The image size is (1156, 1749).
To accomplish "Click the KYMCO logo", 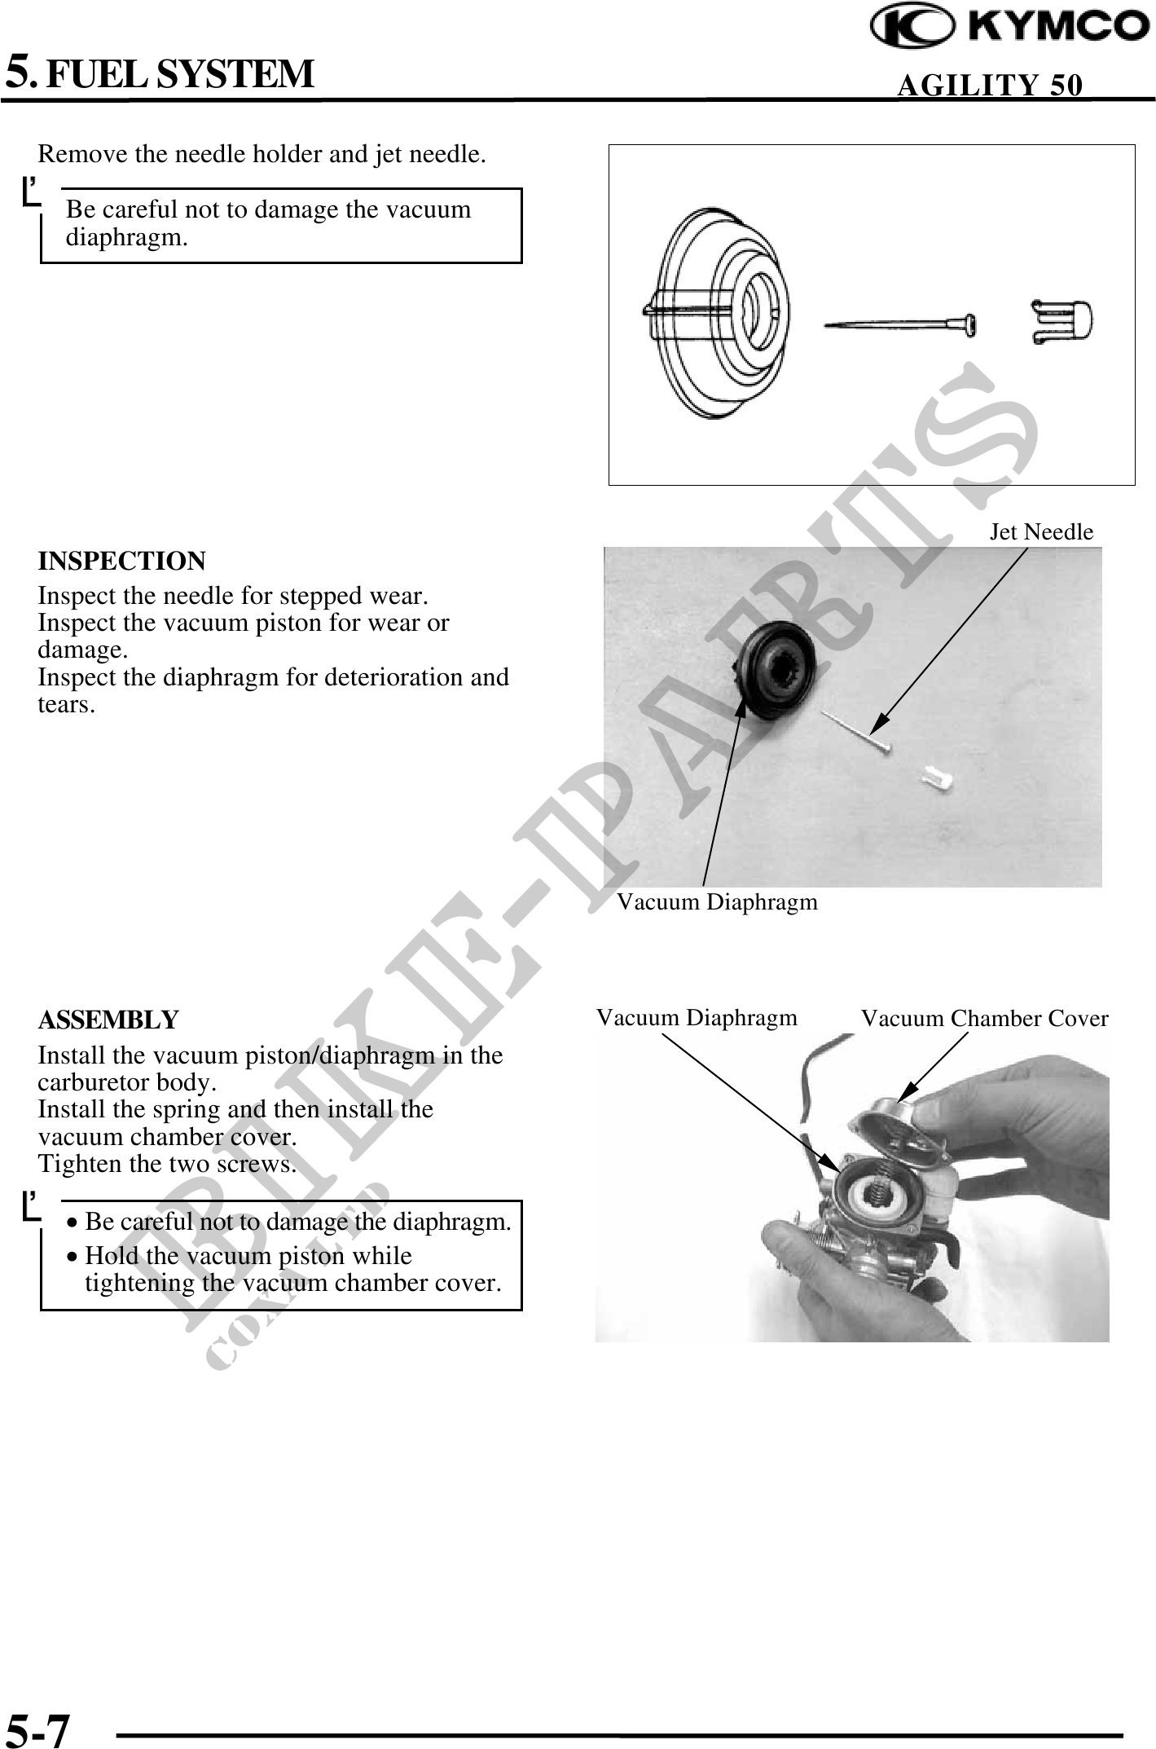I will pyautogui.click(x=1010, y=28).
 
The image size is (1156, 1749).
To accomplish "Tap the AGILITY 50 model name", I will pyautogui.click(x=990, y=85).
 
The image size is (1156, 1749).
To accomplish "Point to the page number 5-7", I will pyautogui.click(x=38, y=1729).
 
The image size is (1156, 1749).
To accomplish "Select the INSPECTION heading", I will pyautogui.click(x=122, y=562).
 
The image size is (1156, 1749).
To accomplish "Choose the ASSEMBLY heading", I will pyautogui.click(x=108, y=1020).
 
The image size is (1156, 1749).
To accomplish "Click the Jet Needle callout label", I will pyautogui.click(x=1041, y=532).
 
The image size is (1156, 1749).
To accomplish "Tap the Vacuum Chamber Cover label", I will pyautogui.click(x=984, y=1019).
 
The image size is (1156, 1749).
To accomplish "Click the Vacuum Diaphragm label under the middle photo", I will pyautogui.click(x=717, y=902).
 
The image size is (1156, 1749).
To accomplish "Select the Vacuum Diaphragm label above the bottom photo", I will pyautogui.click(x=697, y=1018).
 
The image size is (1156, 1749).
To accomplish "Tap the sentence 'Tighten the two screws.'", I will pyautogui.click(x=167, y=1165).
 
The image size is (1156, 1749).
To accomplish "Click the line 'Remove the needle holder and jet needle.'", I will pyautogui.click(x=262, y=154).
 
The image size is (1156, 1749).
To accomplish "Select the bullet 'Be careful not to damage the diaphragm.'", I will pyautogui.click(x=297, y=1222).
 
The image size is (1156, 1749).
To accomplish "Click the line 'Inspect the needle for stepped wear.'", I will pyautogui.click(x=233, y=597).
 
